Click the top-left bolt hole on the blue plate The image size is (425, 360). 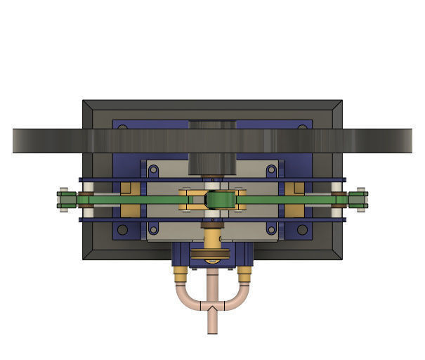pyautogui.click(x=123, y=127)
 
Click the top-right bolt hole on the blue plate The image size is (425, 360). pyautogui.click(x=302, y=127)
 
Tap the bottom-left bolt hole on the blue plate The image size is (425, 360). pyautogui.click(x=123, y=230)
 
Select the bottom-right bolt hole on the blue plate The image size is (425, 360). pyautogui.click(x=302, y=230)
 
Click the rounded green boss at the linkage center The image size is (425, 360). pyautogui.click(x=219, y=200)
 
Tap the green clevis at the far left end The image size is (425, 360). pyautogui.click(x=65, y=200)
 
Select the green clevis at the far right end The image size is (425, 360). pyautogui.click(x=359, y=200)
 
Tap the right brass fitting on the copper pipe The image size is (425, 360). pyautogui.click(x=244, y=275)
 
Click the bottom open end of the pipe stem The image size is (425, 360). pyautogui.click(x=212, y=331)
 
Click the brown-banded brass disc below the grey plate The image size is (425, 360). pyautogui.click(x=212, y=255)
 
